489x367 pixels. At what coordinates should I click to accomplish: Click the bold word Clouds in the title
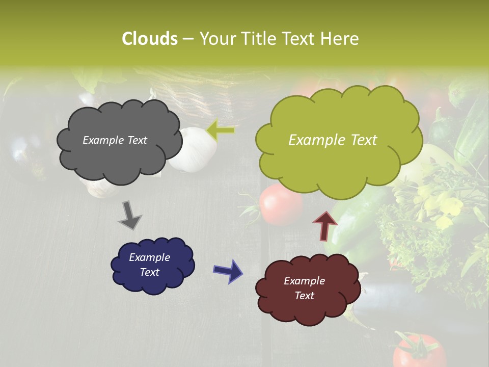click(149, 39)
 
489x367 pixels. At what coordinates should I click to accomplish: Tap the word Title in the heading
click(258, 39)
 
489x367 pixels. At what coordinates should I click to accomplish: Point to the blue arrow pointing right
click(228, 271)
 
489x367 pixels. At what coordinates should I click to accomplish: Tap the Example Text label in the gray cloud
click(115, 140)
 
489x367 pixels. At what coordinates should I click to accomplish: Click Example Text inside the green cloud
click(333, 140)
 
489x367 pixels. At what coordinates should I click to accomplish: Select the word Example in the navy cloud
click(149, 257)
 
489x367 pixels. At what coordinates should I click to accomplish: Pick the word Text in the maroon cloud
click(305, 296)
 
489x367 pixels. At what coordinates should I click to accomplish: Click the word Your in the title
click(218, 39)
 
